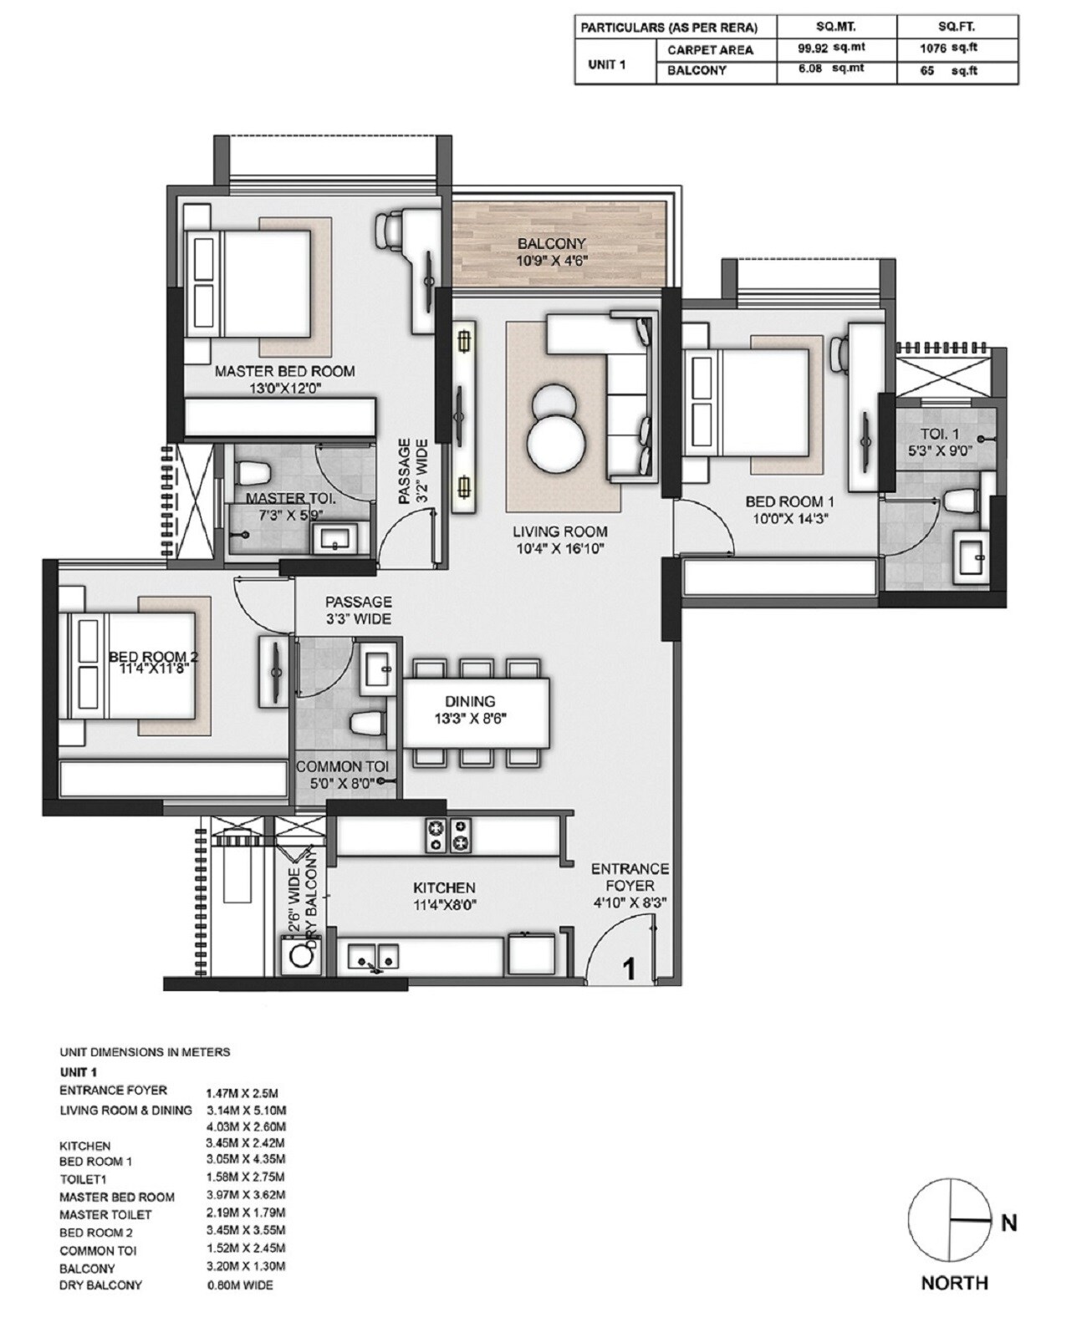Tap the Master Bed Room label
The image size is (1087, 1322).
[x=284, y=371]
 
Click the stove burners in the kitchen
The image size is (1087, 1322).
[x=449, y=835]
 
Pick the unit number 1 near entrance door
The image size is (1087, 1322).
[x=629, y=969]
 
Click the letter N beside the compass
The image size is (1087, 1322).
[x=1009, y=1223]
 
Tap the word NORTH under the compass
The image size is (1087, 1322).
[x=954, y=1283]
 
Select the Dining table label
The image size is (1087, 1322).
[x=470, y=702]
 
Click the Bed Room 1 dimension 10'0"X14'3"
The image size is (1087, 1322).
[x=789, y=518]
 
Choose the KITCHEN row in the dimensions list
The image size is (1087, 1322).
[x=84, y=1146]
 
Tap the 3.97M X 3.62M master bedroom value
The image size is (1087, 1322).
[x=246, y=1195]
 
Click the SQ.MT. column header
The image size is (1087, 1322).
[x=835, y=27]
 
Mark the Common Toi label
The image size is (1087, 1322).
[x=341, y=766]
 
